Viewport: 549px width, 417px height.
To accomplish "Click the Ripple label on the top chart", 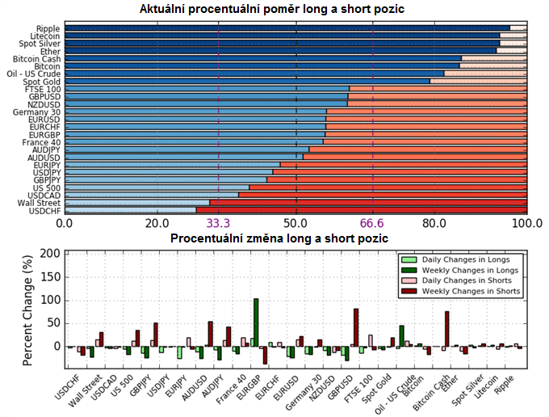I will [x=48, y=28].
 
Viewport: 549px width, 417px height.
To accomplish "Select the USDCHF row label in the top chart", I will [x=44, y=210].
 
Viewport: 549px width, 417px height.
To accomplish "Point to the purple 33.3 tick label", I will [x=219, y=223].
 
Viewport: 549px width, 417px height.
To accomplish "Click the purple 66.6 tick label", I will [x=373, y=223].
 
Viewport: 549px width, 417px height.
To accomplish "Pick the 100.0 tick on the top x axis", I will [x=526, y=223].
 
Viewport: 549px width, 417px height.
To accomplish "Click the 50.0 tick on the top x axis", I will [x=295, y=223].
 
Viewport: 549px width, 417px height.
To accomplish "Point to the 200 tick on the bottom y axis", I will [x=50, y=253].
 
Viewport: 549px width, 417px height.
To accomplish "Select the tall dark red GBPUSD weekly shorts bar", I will [x=355, y=327].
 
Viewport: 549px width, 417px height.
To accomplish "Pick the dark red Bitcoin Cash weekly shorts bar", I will [x=446, y=329].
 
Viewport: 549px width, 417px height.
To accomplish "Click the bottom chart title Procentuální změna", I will [x=279, y=238].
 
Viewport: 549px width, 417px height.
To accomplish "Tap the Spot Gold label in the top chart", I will [x=42, y=81].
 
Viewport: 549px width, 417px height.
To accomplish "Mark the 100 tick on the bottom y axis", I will [x=50, y=300].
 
